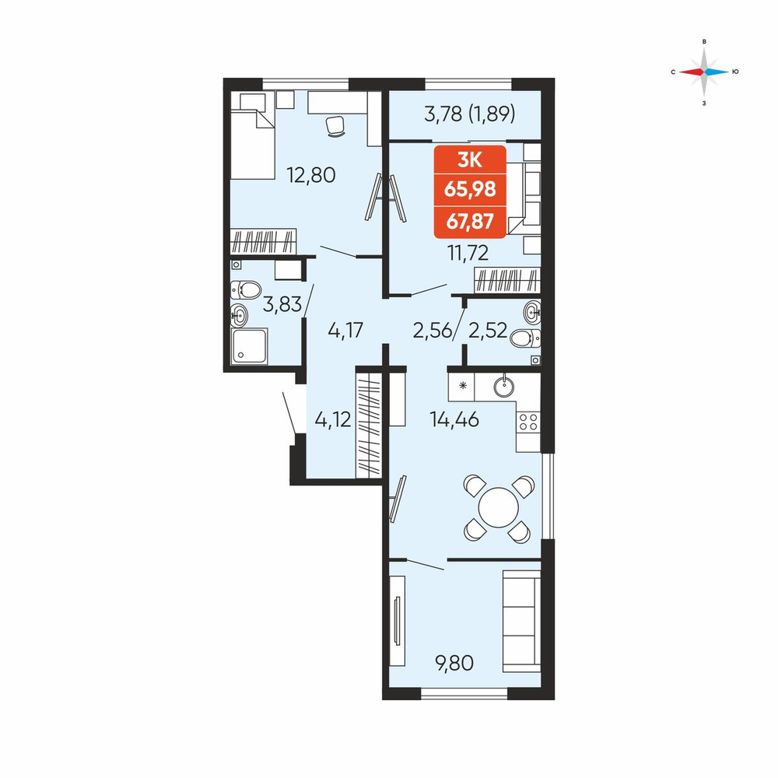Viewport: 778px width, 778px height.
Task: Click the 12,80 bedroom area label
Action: pos(311,175)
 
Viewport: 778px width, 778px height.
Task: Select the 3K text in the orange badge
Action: pos(469,159)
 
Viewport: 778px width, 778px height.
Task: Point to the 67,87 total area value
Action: pos(470,221)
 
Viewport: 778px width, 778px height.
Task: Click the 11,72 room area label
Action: pos(468,253)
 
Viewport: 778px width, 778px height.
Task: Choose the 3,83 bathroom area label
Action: pos(282,304)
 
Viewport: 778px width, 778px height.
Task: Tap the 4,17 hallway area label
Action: pos(345,330)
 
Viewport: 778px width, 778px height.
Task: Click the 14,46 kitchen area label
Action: pos(454,420)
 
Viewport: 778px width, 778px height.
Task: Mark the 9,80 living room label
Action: pos(454,662)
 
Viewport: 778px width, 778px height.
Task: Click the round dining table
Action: pos(498,507)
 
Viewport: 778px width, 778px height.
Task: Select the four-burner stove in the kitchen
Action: pos(528,422)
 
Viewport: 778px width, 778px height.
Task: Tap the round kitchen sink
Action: pos(504,386)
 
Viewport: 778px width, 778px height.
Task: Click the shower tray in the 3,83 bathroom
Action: pos(249,346)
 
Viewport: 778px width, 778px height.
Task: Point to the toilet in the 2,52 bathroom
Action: pos(525,338)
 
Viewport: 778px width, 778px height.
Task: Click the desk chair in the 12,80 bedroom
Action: pos(335,125)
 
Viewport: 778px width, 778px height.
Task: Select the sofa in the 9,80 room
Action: pos(521,621)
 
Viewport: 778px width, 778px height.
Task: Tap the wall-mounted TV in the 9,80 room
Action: pos(397,621)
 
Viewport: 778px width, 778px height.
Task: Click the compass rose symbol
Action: pos(704,72)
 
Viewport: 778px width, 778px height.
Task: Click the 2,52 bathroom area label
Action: pos(488,330)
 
